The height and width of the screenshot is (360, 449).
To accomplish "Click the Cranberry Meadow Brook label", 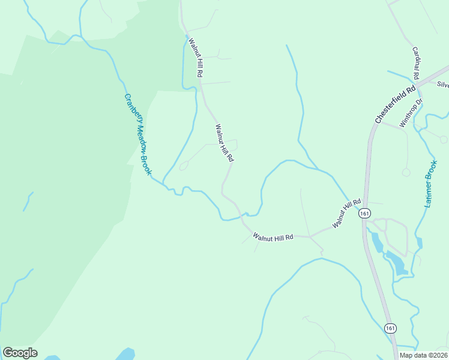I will tap(137, 134).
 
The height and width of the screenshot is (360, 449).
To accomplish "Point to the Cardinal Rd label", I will tap(415, 63).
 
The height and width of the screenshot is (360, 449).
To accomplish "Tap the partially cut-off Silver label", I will tap(442, 85).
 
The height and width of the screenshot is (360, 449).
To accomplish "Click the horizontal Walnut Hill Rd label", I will tap(273, 236).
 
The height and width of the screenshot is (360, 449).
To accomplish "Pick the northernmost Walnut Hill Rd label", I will tap(196, 58).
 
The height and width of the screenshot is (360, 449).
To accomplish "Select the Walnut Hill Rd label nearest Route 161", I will tap(346, 214).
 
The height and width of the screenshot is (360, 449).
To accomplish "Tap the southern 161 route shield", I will tap(391, 328).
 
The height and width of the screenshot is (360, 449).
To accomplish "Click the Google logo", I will tap(20, 353).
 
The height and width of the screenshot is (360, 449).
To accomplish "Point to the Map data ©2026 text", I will tap(423, 355).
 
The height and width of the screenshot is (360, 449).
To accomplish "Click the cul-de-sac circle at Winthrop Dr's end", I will tap(406, 172).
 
